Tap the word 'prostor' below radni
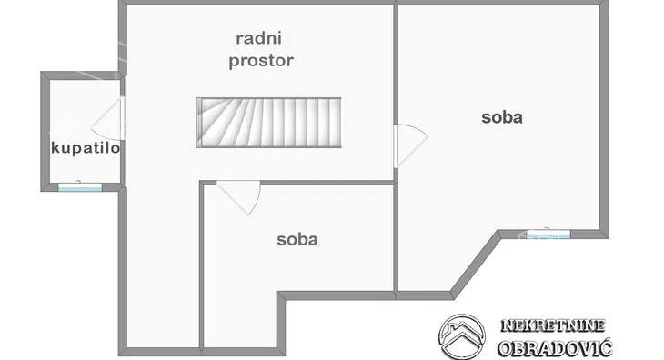pyautogui.click(x=262, y=61)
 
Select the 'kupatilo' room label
pyautogui.click(x=86, y=148)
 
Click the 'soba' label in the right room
pyautogui.click(x=502, y=116)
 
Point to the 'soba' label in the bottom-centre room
pyautogui.click(x=297, y=240)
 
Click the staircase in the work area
pyautogui.click(x=268, y=123)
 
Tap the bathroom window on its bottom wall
pyautogui.click(x=80, y=187)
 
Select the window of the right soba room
pyautogui.click(x=548, y=234)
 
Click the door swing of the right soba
pyautogui.click(x=408, y=144)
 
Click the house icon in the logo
pyautogui.click(x=461, y=335)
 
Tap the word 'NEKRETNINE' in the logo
pyautogui.click(x=553, y=325)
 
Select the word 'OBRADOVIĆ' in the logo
pyautogui.click(x=554, y=347)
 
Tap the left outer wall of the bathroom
pyautogui.click(x=44, y=132)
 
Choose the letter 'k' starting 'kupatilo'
pyautogui.click(x=55, y=148)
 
